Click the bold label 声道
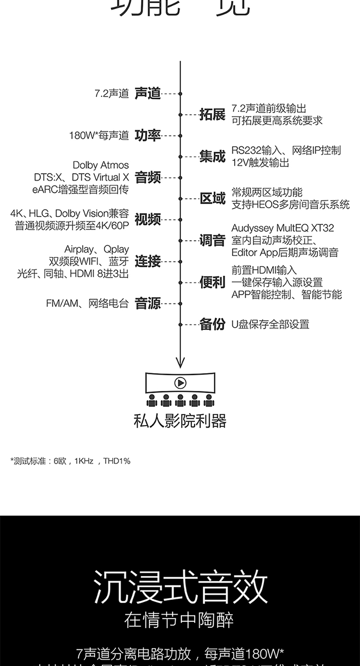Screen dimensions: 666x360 (148, 93)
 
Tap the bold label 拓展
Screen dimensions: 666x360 (212, 114)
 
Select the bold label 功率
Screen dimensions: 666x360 (148, 135)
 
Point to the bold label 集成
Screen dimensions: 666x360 (212, 156)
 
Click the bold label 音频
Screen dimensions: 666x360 (148, 177)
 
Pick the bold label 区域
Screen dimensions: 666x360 (212, 198)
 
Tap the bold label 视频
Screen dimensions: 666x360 (148, 219)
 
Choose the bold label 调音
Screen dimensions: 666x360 (212, 240)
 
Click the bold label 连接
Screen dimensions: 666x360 (148, 261)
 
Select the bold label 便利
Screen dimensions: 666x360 (212, 282)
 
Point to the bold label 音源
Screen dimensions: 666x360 (148, 303)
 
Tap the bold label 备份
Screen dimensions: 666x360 (212, 324)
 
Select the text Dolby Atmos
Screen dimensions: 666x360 (101, 165)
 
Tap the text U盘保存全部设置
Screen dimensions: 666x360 (270, 324)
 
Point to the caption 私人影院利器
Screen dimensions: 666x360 (180, 421)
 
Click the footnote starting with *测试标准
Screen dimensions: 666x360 (70, 461)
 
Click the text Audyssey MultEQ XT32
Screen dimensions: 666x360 (283, 228)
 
